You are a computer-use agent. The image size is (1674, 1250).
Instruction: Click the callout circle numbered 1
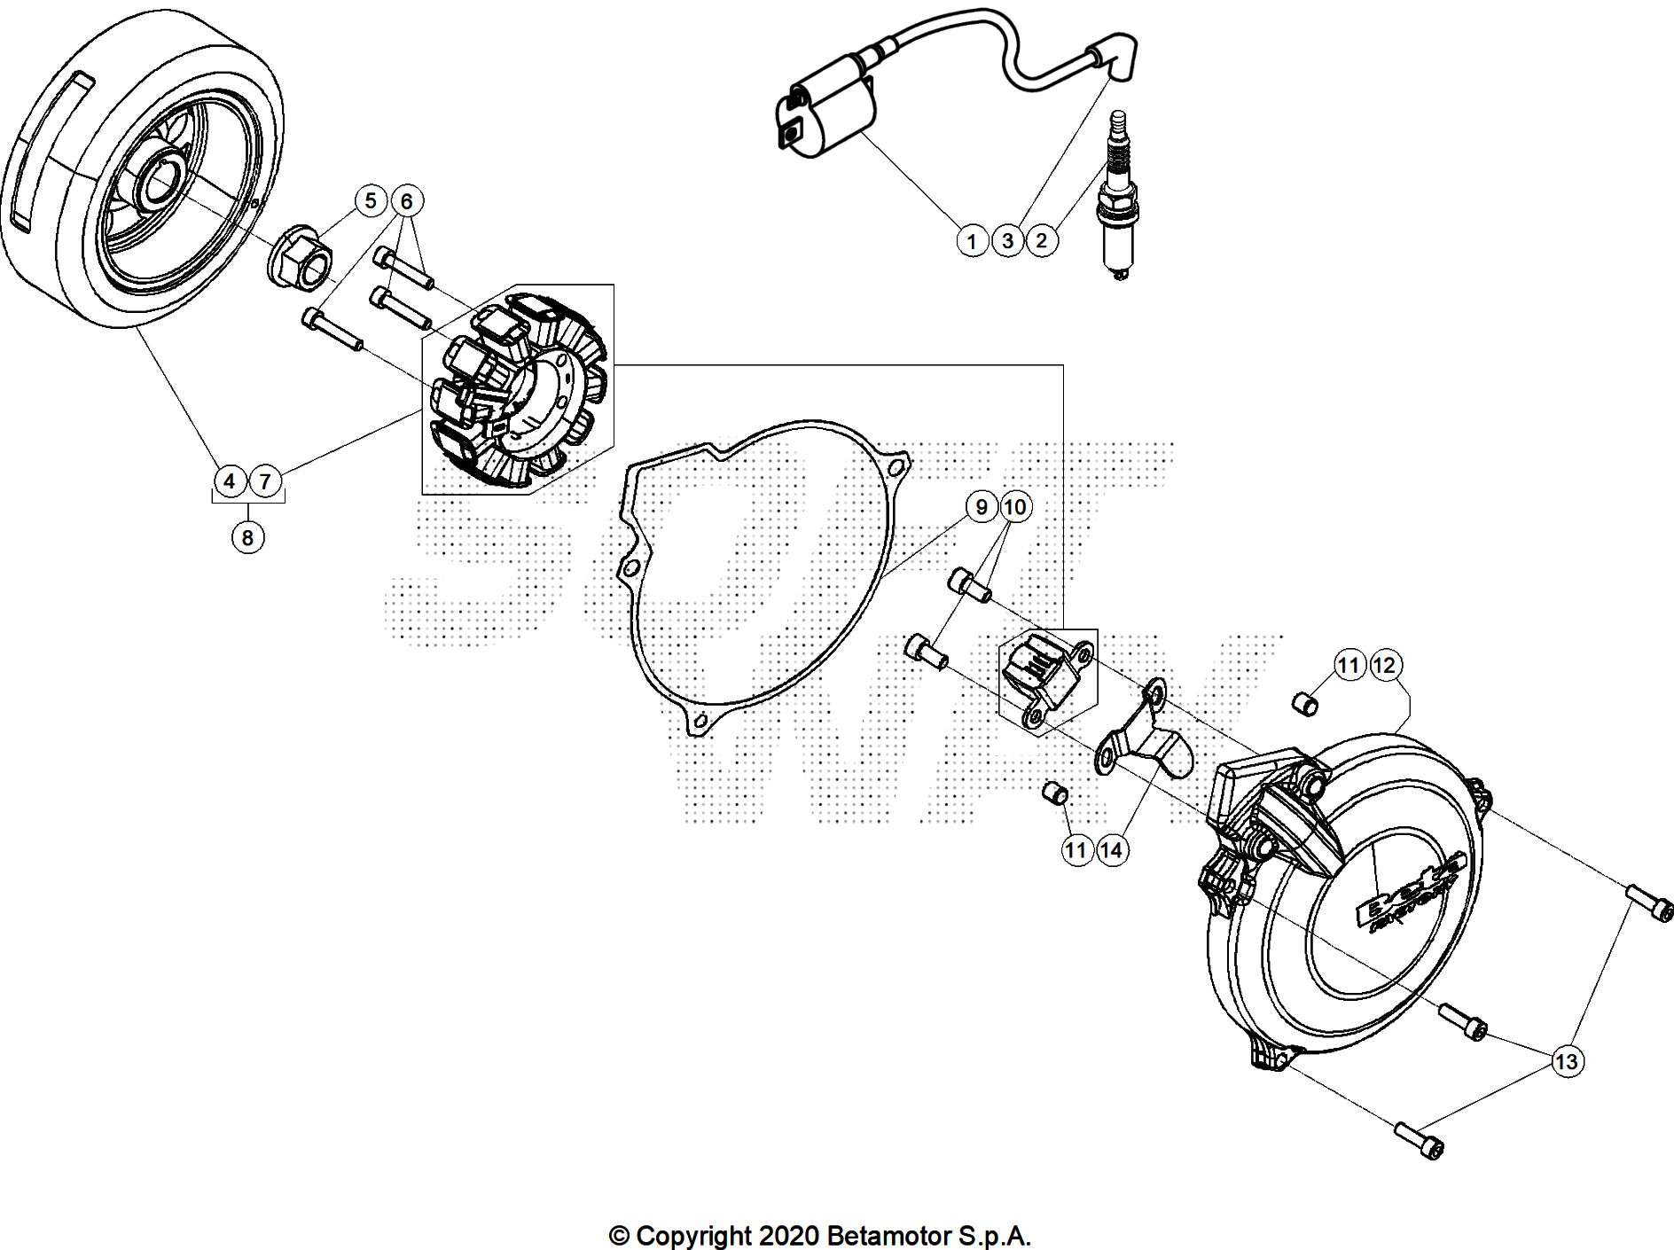pos(973,240)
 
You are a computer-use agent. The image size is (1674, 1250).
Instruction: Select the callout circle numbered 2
pos(1042,240)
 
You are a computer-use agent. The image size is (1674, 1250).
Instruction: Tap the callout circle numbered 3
pos(1007,240)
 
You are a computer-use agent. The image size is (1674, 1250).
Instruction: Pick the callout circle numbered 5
pos(372,201)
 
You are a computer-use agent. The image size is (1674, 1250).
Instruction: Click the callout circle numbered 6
pos(406,201)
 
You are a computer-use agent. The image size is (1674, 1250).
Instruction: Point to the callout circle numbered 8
pos(247,537)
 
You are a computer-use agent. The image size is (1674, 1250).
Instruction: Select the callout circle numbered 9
pos(981,507)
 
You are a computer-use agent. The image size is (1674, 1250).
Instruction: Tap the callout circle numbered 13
pos(1567,1061)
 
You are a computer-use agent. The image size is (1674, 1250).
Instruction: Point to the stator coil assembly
pos(514,390)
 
